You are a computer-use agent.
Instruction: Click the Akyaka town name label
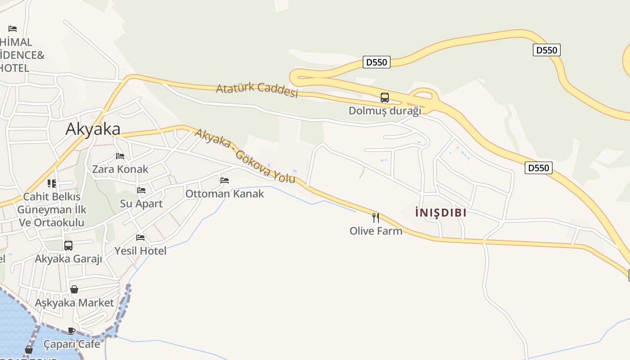[93, 129]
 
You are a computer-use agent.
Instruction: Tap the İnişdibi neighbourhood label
[441, 212]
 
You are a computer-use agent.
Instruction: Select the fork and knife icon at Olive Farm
[376, 218]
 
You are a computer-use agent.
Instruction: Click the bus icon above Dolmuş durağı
[385, 97]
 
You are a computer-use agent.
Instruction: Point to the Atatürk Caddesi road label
[257, 89]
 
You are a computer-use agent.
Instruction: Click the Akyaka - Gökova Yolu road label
[246, 156]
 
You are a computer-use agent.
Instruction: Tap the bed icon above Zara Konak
[120, 156]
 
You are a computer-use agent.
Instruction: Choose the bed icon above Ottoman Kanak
[225, 180]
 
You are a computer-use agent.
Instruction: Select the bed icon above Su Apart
[141, 190]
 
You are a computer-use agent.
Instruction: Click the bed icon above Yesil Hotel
[140, 237]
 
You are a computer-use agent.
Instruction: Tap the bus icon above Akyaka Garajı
[68, 246]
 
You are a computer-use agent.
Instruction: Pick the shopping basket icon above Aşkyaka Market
[74, 289]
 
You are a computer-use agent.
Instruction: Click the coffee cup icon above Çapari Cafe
[72, 331]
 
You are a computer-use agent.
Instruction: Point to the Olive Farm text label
[376, 231]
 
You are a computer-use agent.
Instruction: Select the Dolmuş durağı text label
[385, 111]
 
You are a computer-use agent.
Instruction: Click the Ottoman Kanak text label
[225, 193]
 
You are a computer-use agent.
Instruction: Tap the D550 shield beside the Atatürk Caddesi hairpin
[377, 62]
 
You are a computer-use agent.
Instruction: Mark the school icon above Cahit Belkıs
[52, 184]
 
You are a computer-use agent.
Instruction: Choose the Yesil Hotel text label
[140, 251]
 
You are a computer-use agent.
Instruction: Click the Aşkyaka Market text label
[74, 302]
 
